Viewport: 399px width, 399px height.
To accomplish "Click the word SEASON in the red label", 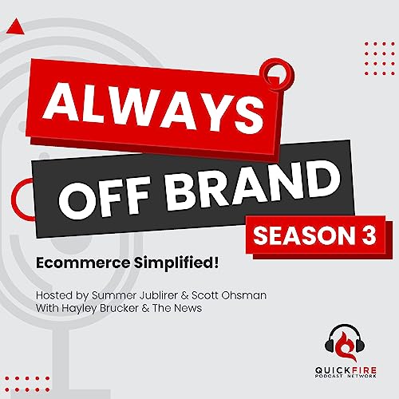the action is [302, 236].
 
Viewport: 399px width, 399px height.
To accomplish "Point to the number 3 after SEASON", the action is [369, 235].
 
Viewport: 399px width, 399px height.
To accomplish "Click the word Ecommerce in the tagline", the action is [83, 263].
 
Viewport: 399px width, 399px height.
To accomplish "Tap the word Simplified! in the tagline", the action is [176, 264].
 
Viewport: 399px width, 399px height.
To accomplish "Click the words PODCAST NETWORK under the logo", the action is [346, 376].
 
